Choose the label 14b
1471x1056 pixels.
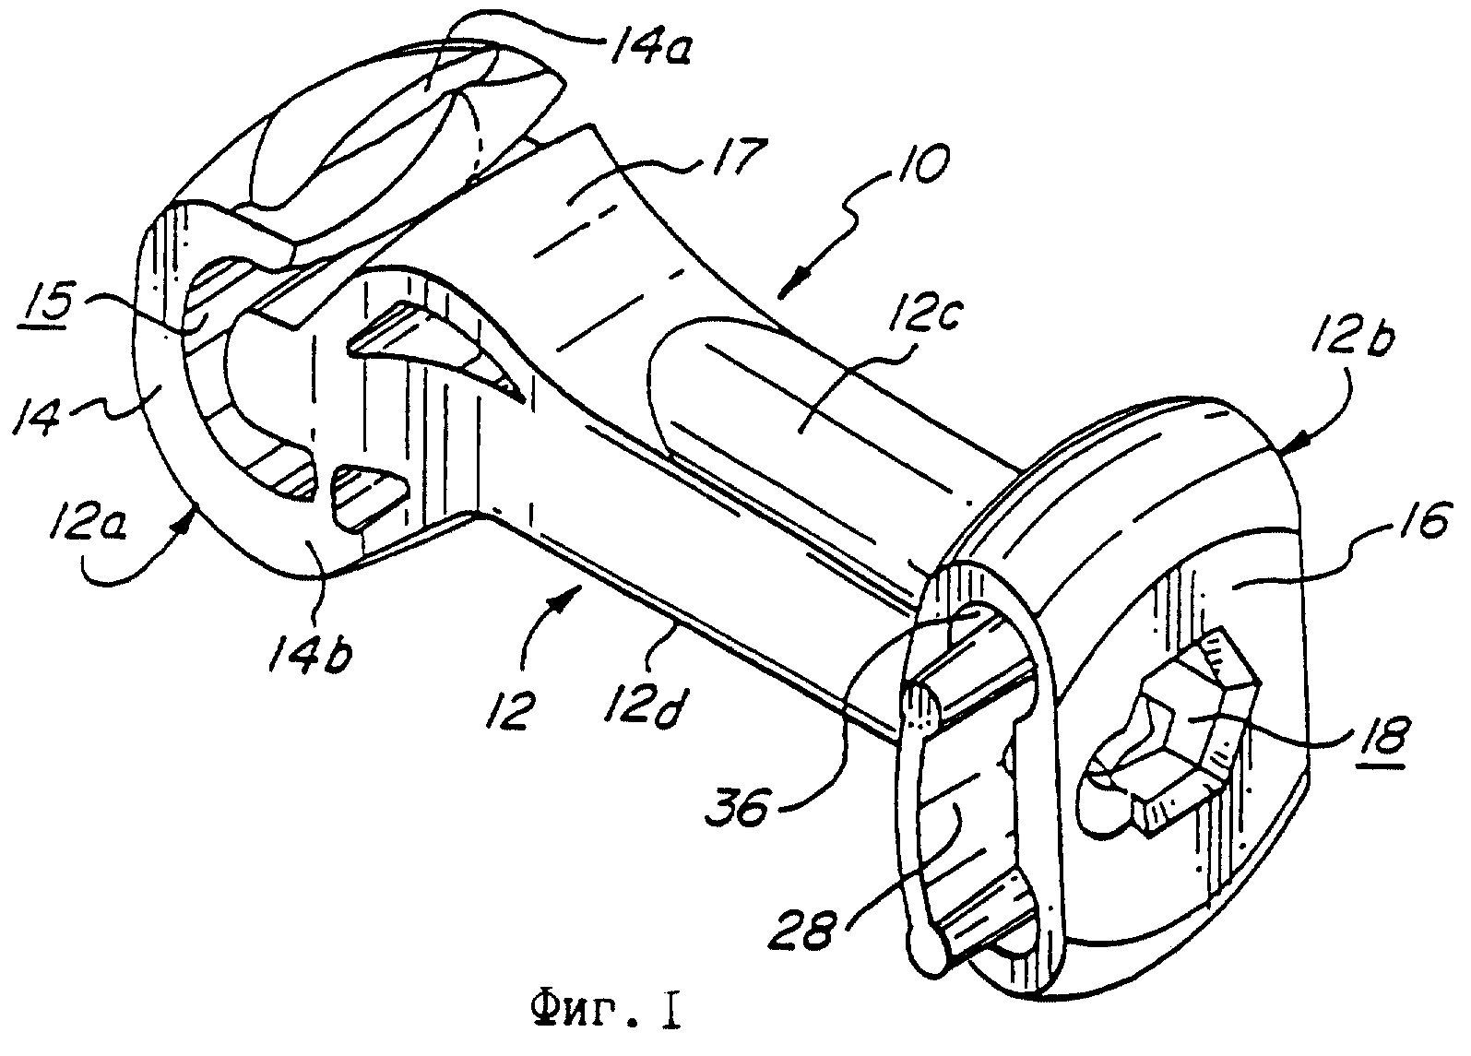tap(309, 647)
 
